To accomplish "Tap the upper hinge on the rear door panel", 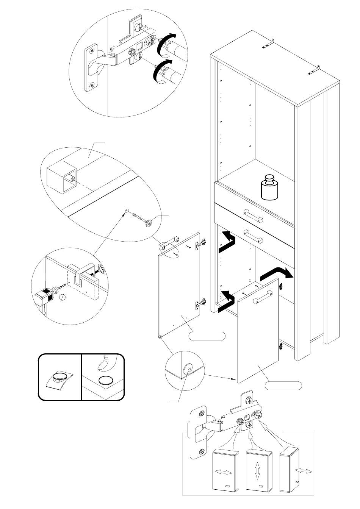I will pyautogui.click(x=201, y=244).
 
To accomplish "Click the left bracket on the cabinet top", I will pyautogui.click(x=268, y=44).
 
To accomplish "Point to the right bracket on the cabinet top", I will pyautogui.click(x=315, y=70).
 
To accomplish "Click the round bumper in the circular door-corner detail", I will pyautogui.click(x=186, y=369).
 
